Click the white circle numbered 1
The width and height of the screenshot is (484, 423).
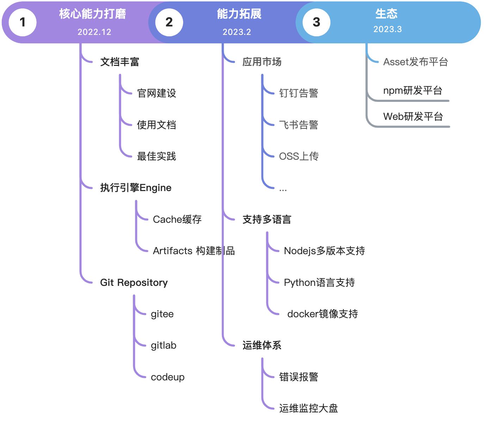coord(23,22)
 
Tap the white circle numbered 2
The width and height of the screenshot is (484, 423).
coord(169,22)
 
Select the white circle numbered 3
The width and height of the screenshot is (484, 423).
coord(316,22)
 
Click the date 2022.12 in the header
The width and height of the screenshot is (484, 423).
coord(94,32)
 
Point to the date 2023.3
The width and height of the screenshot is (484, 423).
coord(387,29)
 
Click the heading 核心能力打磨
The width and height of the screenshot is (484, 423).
coord(92,14)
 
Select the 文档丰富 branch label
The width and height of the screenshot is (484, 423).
coord(119,62)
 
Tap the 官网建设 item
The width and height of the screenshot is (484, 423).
coord(156,93)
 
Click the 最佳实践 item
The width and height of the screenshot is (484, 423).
coord(156,156)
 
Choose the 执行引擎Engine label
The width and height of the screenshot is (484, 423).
coord(136,188)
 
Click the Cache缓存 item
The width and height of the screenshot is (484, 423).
coord(177,219)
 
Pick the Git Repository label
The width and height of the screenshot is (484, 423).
coord(134,282)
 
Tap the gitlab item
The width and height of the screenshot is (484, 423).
coord(163,345)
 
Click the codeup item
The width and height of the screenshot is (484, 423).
coord(168,377)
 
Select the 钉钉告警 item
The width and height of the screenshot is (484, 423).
coord(298,93)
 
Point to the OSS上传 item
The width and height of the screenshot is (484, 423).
coord(299,156)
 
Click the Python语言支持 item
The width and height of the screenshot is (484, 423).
coord(319,282)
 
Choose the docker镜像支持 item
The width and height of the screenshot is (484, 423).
coord(322,314)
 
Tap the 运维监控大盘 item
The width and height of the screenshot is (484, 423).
coord(308,408)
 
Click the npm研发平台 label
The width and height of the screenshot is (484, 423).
coord(412,91)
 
